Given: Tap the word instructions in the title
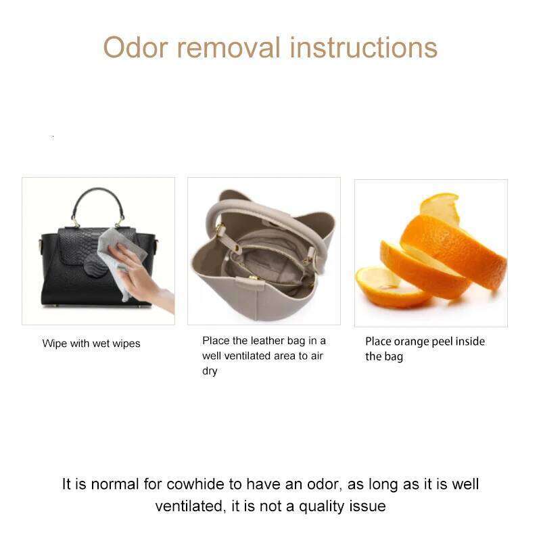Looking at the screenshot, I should click(x=364, y=48).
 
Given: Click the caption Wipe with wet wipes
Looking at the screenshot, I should click(x=91, y=344).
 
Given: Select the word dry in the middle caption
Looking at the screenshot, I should click(x=210, y=371).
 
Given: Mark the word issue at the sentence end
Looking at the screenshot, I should click(x=368, y=506).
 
